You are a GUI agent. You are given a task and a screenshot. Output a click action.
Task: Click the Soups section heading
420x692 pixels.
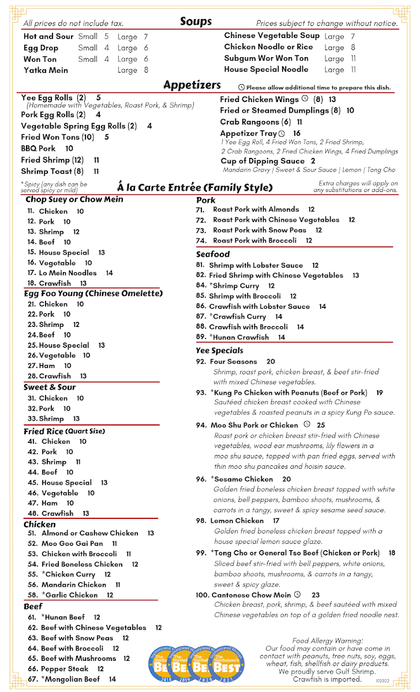(196, 22)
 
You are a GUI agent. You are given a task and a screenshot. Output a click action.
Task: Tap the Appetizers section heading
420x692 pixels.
(192, 85)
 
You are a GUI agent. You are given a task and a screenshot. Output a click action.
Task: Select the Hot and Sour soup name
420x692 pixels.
(48, 36)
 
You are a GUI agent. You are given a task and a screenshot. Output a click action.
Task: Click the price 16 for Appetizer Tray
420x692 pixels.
(297, 133)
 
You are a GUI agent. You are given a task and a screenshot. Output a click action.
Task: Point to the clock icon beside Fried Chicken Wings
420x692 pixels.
(305, 99)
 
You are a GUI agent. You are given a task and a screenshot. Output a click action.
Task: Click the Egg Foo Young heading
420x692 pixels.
(93, 294)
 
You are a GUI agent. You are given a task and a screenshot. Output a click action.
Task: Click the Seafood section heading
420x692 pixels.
(212, 254)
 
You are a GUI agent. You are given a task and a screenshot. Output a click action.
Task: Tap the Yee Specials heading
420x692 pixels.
(219, 351)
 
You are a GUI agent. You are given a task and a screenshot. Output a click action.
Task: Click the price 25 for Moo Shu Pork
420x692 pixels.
(321, 425)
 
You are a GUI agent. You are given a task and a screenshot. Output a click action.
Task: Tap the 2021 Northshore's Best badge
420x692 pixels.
(227, 667)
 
